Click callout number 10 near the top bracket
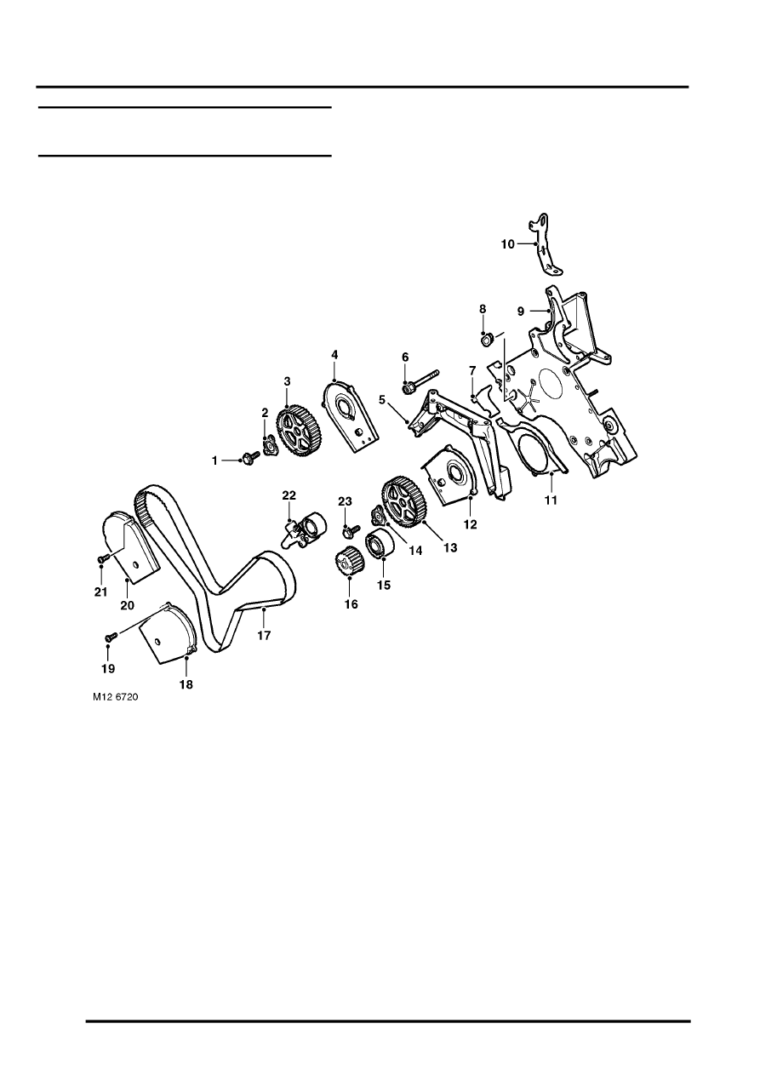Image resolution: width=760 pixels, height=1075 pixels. (507, 243)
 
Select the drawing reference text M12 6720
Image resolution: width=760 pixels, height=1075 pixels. (116, 696)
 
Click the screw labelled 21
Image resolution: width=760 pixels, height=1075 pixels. (101, 558)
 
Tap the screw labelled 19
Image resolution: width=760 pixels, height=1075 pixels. (110, 636)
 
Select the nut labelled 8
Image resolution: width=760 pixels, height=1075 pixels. (486, 341)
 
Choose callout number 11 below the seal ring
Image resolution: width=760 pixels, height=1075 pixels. (551, 500)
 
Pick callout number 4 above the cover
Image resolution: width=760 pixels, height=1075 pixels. (335, 353)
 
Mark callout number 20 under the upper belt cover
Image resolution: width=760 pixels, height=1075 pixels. (127, 605)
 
